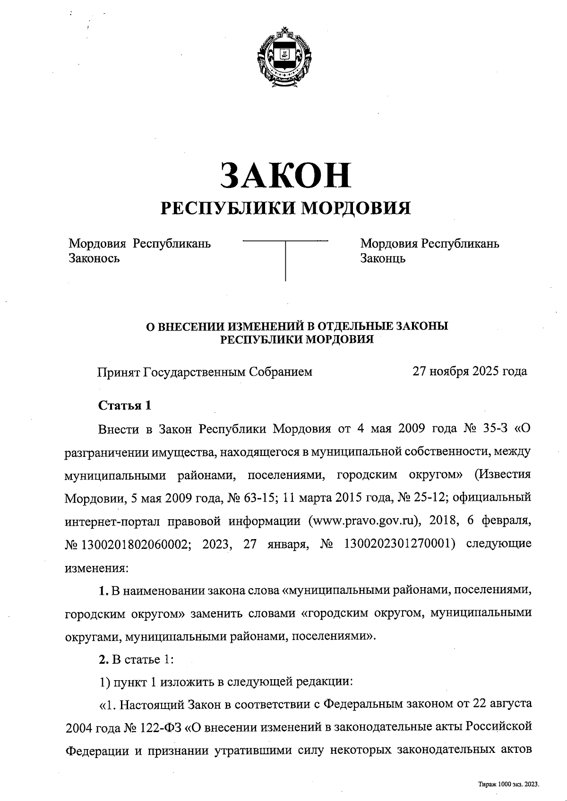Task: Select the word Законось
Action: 94,258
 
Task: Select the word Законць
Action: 383,258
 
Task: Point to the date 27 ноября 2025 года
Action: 470,371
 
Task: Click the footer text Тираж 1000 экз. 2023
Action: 508,784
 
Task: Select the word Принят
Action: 118,372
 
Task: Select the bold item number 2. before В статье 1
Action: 103,659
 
